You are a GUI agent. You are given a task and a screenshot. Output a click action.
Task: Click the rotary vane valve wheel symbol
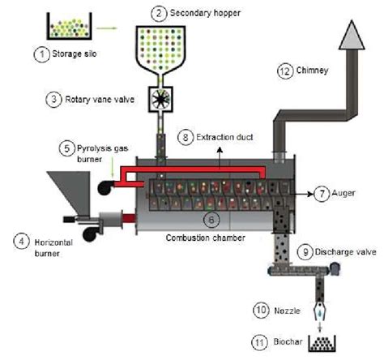tap(159, 100)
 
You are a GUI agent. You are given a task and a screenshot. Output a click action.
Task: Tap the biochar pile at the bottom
tap(322, 343)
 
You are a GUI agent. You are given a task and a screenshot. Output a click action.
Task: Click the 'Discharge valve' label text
tap(342, 252)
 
